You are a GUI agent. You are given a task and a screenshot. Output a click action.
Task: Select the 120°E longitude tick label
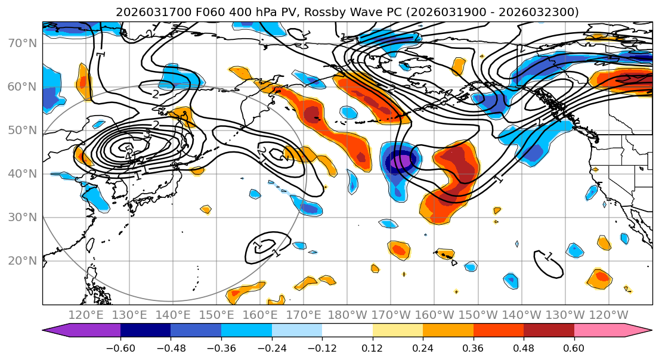[x=86, y=315]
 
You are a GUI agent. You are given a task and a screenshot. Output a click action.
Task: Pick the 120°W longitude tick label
[x=608, y=315]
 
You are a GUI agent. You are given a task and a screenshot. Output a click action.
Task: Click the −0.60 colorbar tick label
[x=120, y=347]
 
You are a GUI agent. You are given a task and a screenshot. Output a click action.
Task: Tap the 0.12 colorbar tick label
[x=373, y=347]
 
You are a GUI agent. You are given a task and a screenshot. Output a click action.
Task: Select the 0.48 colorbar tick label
[x=524, y=347]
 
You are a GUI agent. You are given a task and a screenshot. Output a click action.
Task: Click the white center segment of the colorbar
[x=347, y=331]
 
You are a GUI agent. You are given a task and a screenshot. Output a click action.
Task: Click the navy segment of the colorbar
[x=145, y=331]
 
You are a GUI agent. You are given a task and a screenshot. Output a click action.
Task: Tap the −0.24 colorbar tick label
[x=271, y=347]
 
